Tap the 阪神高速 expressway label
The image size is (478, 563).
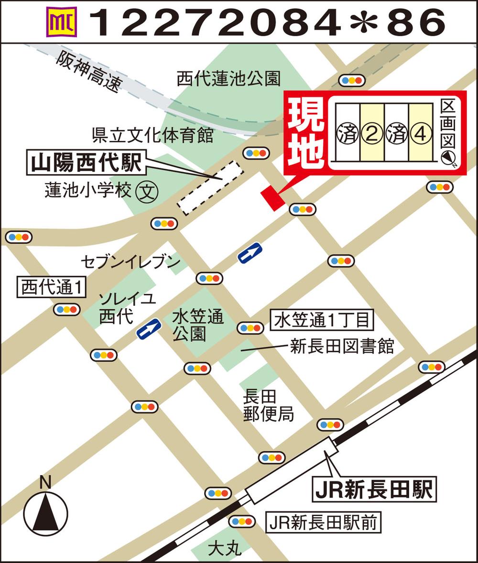click(x=88, y=72)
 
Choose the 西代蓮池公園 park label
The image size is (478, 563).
click(x=228, y=78)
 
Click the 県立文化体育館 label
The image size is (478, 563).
click(x=152, y=136)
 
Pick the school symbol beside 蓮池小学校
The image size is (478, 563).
click(x=146, y=192)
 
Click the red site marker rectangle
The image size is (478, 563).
click(x=273, y=197)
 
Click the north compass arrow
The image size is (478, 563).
click(x=46, y=512)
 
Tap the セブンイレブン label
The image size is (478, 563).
click(x=130, y=261)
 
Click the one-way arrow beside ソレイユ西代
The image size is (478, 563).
click(x=149, y=329)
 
